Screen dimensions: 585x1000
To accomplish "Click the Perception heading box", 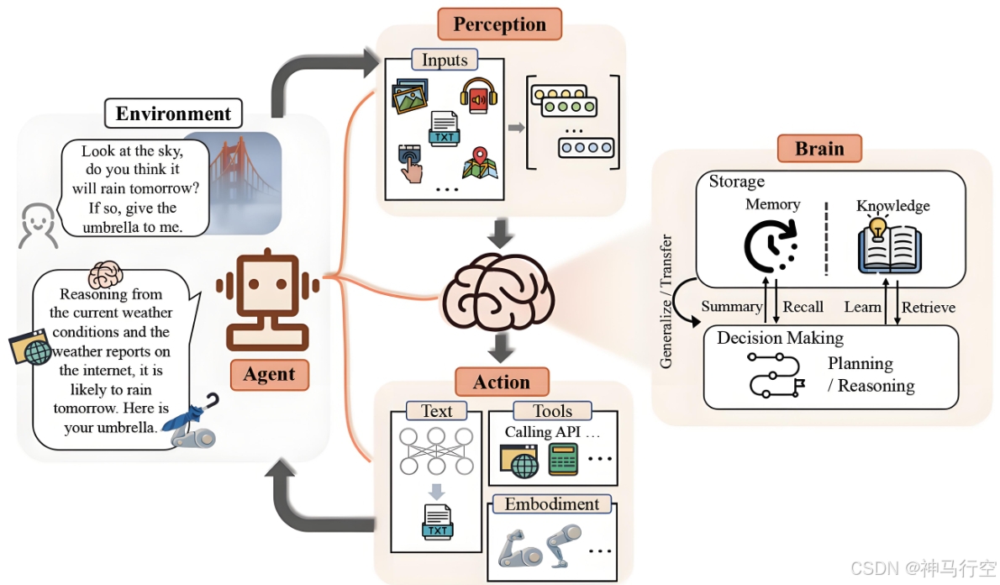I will [x=500, y=24].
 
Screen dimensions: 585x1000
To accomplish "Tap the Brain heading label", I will [x=819, y=149].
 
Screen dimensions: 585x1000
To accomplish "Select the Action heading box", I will [x=502, y=382].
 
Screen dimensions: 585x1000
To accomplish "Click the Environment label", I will [x=173, y=113].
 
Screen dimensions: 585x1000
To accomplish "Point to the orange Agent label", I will [x=269, y=375].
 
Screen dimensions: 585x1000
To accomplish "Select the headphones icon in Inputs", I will [x=478, y=96].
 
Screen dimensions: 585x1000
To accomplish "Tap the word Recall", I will [x=803, y=307].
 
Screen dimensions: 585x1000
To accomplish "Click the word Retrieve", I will [x=929, y=308].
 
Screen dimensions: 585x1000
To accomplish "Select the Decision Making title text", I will [x=780, y=338].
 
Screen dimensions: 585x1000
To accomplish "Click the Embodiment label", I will [x=552, y=504].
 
